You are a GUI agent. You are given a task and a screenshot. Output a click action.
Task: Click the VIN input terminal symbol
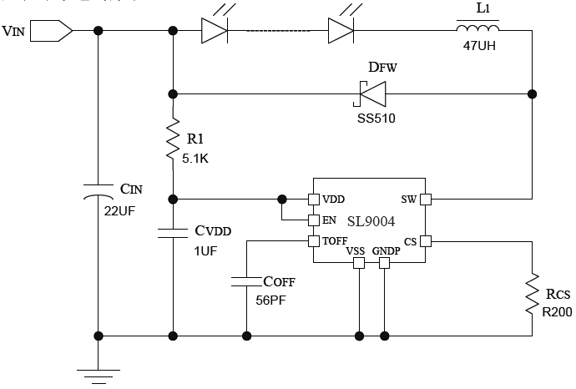tap(57, 31)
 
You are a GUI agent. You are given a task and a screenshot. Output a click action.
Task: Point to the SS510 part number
tap(371, 118)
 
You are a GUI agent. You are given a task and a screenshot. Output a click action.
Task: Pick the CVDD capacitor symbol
tap(173, 233)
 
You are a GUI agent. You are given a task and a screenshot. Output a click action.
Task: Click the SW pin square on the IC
tap(425, 200)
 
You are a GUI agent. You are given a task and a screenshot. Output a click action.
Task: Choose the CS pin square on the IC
tap(425, 241)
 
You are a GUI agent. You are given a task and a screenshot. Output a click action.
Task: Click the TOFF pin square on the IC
tap(313, 241)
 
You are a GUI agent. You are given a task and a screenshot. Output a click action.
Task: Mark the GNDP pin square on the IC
tap(385, 263)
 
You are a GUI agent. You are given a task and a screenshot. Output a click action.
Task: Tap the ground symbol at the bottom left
tap(99, 375)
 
